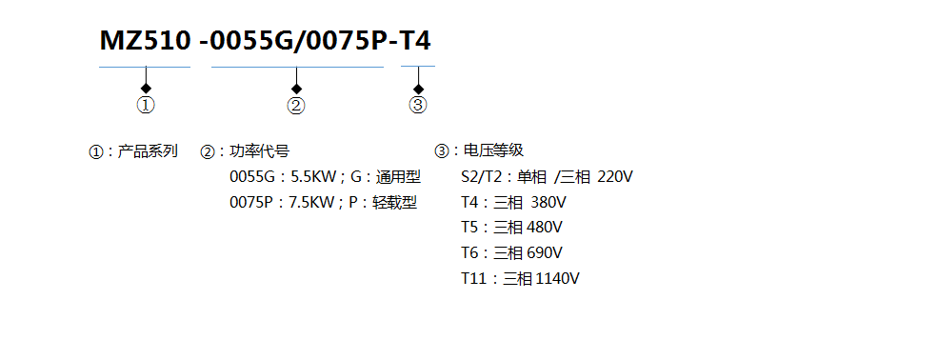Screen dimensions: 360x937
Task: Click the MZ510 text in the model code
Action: [145, 41]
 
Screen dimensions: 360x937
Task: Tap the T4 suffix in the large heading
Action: [414, 41]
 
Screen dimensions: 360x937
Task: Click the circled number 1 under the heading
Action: [146, 106]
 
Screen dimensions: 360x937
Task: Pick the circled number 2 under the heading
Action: [296, 106]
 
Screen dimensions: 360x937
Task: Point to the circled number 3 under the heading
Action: [418, 106]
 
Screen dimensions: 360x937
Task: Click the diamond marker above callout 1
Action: [146, 88]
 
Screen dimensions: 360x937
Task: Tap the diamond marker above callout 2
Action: [296, 88]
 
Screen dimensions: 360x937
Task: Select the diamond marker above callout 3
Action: [418, 88]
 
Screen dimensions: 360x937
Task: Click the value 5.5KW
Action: [312, 176]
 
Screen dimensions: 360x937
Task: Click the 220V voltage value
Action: [617, 176]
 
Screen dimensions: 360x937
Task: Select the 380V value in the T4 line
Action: [548, 202]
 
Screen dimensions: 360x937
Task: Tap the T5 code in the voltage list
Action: [469, 228]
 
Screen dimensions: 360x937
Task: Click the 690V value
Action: [545, 253]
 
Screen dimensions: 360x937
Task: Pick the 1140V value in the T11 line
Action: [558, 279]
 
